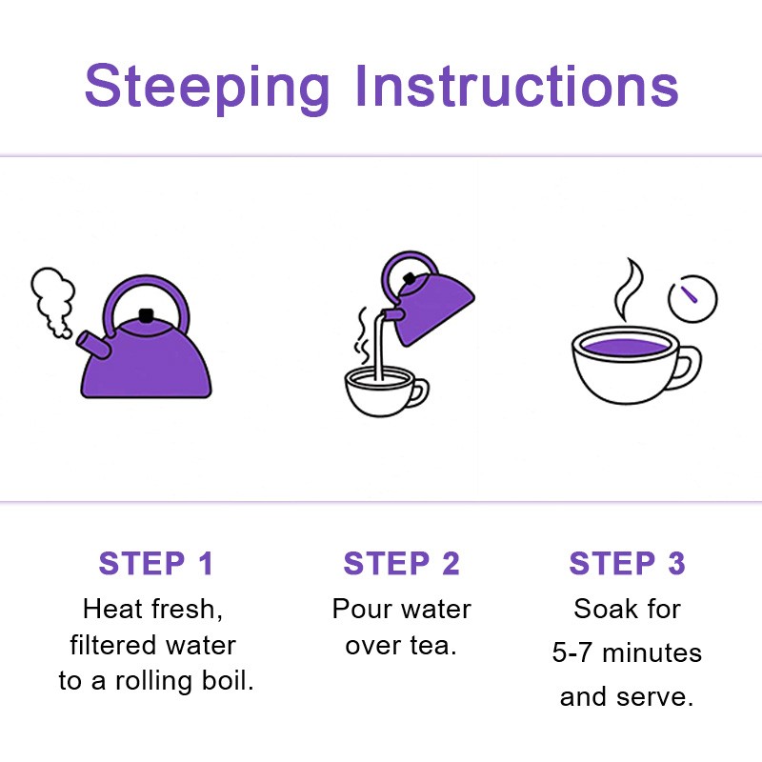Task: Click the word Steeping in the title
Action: click(x=207, y=88)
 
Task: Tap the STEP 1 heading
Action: click(x=156, y=563)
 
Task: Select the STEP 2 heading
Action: click(x=401, y=563)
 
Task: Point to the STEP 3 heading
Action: click(x=627, y=563)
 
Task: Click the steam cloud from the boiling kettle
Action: click(x=53, y=296)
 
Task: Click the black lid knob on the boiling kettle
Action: click(x=146, y=316)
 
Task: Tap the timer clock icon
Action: click(x=692, y=297)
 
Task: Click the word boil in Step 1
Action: click(x=230, y=682)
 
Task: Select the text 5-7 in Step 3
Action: click(x=573, y=653)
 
